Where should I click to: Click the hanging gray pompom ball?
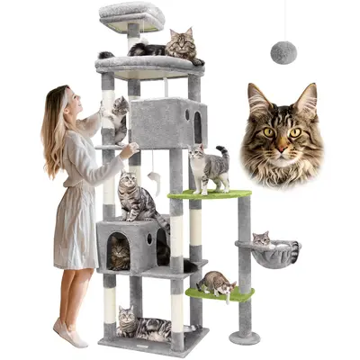pyautogui.click(x=283, y=52)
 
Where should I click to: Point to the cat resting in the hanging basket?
pyautogui.click(x=262, y=239)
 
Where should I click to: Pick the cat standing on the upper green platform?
pyautogui.click(x=207, y=168)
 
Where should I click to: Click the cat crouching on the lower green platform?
pyautogui.click(x=216, y=283)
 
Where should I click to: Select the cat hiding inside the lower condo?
pyautogui.click(x=120, y=252)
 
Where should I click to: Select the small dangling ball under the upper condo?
pyautogui.click(x=154, y=172)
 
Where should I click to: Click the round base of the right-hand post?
pyautogui.click(x=243, y=337)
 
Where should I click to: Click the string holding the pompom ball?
pyautogui.click(x=283, y=22)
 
